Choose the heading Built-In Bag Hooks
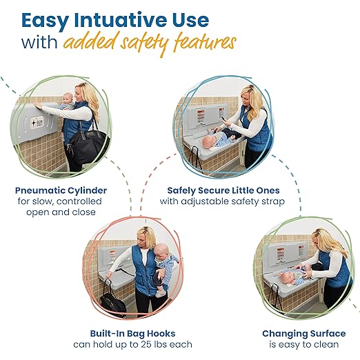pyautogui.click(x=132, y=332)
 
